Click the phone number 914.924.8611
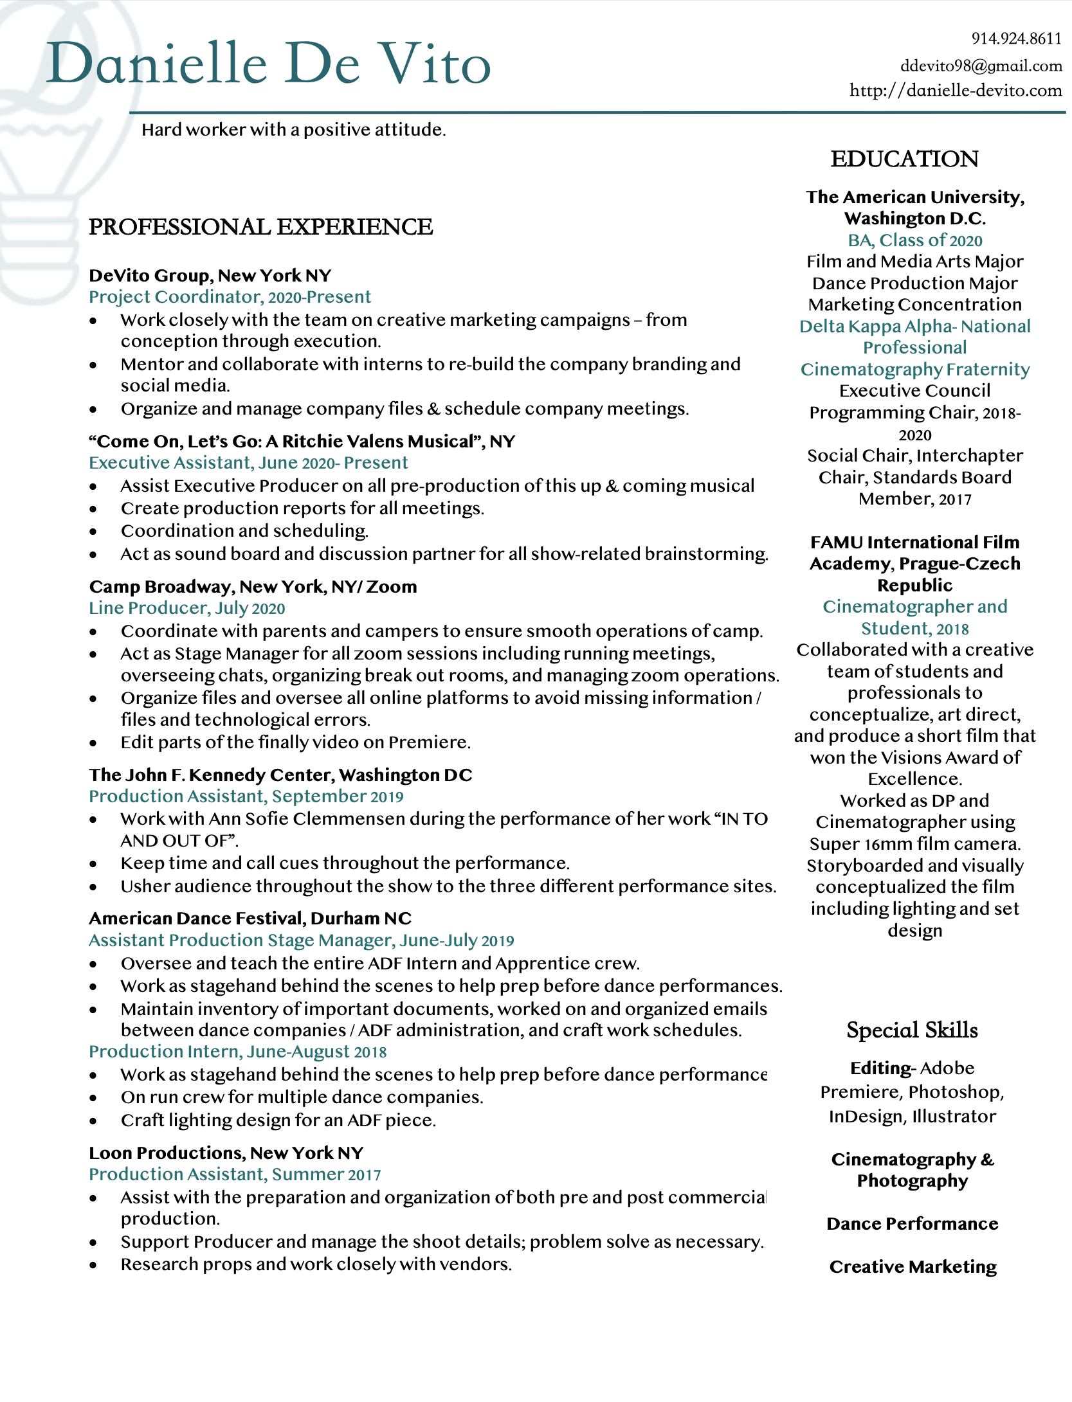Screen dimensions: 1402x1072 [x=1016, y=39]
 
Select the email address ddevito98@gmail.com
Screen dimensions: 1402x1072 [x=981, y=66]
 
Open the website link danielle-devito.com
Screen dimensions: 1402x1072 [x=956, y=90]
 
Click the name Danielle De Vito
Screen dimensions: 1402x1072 [x=269, y=64]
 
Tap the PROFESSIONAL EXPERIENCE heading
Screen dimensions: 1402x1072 [x=260, y=227]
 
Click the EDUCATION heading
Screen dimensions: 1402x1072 [x=904, y=159]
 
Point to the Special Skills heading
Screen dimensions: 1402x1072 [x=912, y=1030]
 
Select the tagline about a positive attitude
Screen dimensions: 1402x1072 [x=293, y=130]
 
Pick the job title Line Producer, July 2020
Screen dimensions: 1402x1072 [x=186, y=607]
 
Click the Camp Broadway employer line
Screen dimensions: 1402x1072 [x=253, y=586]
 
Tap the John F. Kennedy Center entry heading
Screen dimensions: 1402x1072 [x=280, y=775]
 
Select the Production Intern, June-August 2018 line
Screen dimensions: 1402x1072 [x=237, y=1051]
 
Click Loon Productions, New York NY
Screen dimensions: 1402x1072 [x=226, y=1153]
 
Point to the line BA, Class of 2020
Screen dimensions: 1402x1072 [x=914, y=240]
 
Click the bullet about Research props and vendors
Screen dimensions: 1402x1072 [x=316, y=1264]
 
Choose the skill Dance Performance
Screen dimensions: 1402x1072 [x=912, y=1223]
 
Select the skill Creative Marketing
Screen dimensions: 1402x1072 [x=913, y=1266]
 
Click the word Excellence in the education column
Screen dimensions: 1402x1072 [x=914, y=778]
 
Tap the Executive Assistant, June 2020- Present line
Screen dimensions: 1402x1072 [x=248, y=462]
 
